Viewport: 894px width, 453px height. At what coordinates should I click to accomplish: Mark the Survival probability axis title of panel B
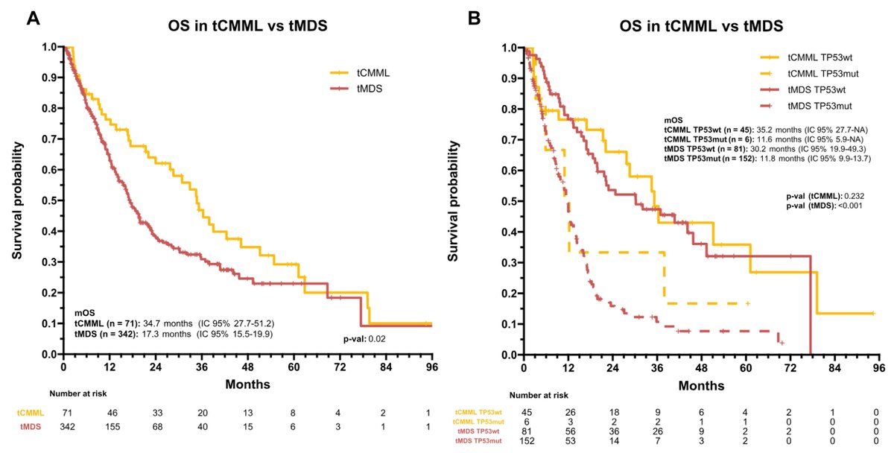tap(451, 200)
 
